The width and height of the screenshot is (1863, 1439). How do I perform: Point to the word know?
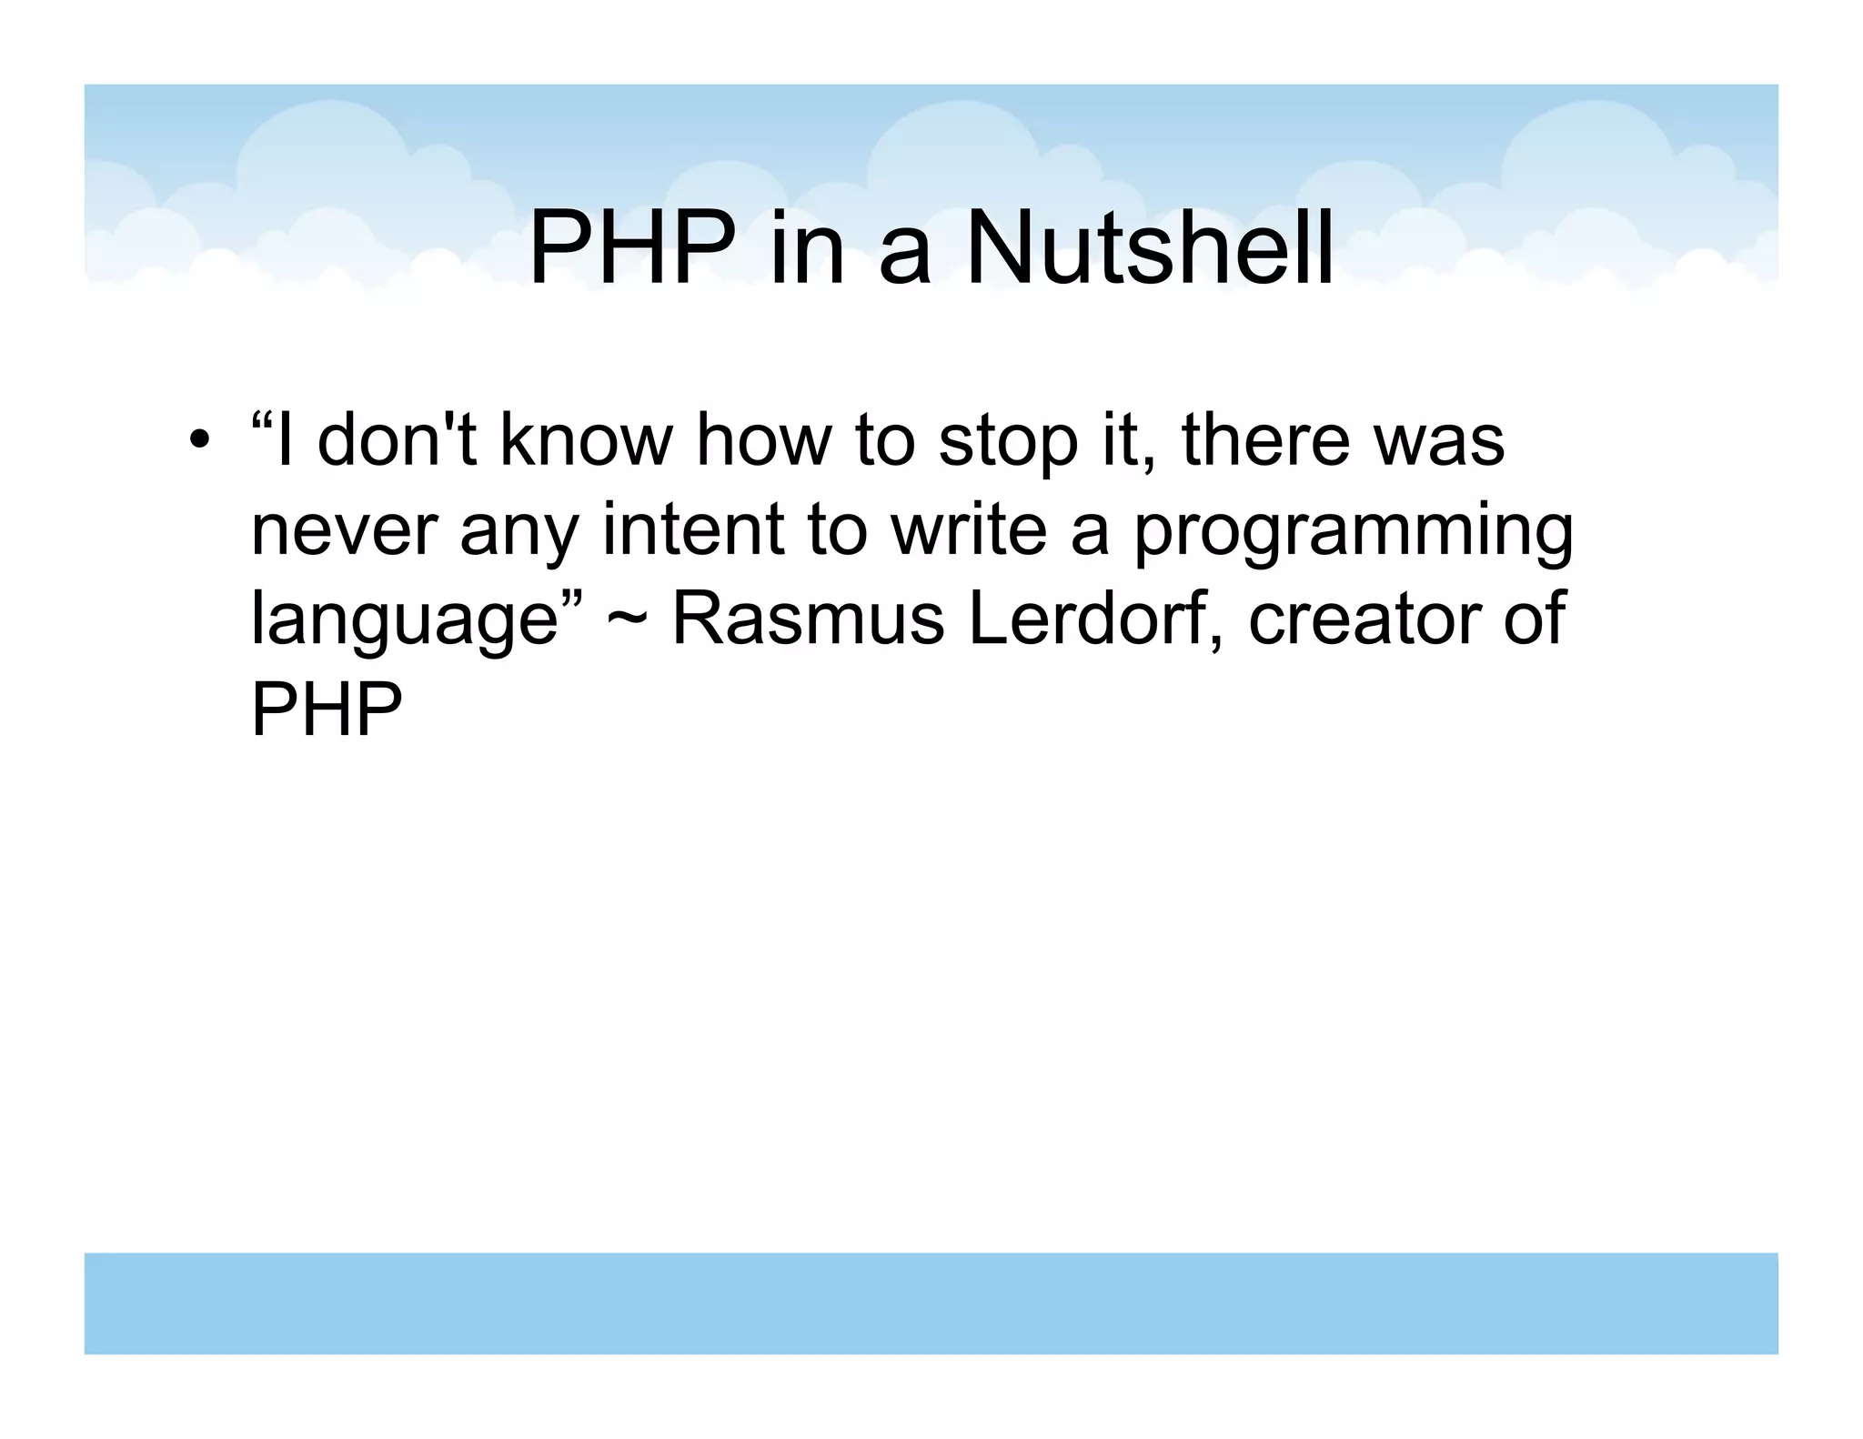586,440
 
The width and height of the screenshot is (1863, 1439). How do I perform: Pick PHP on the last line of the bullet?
326,709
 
